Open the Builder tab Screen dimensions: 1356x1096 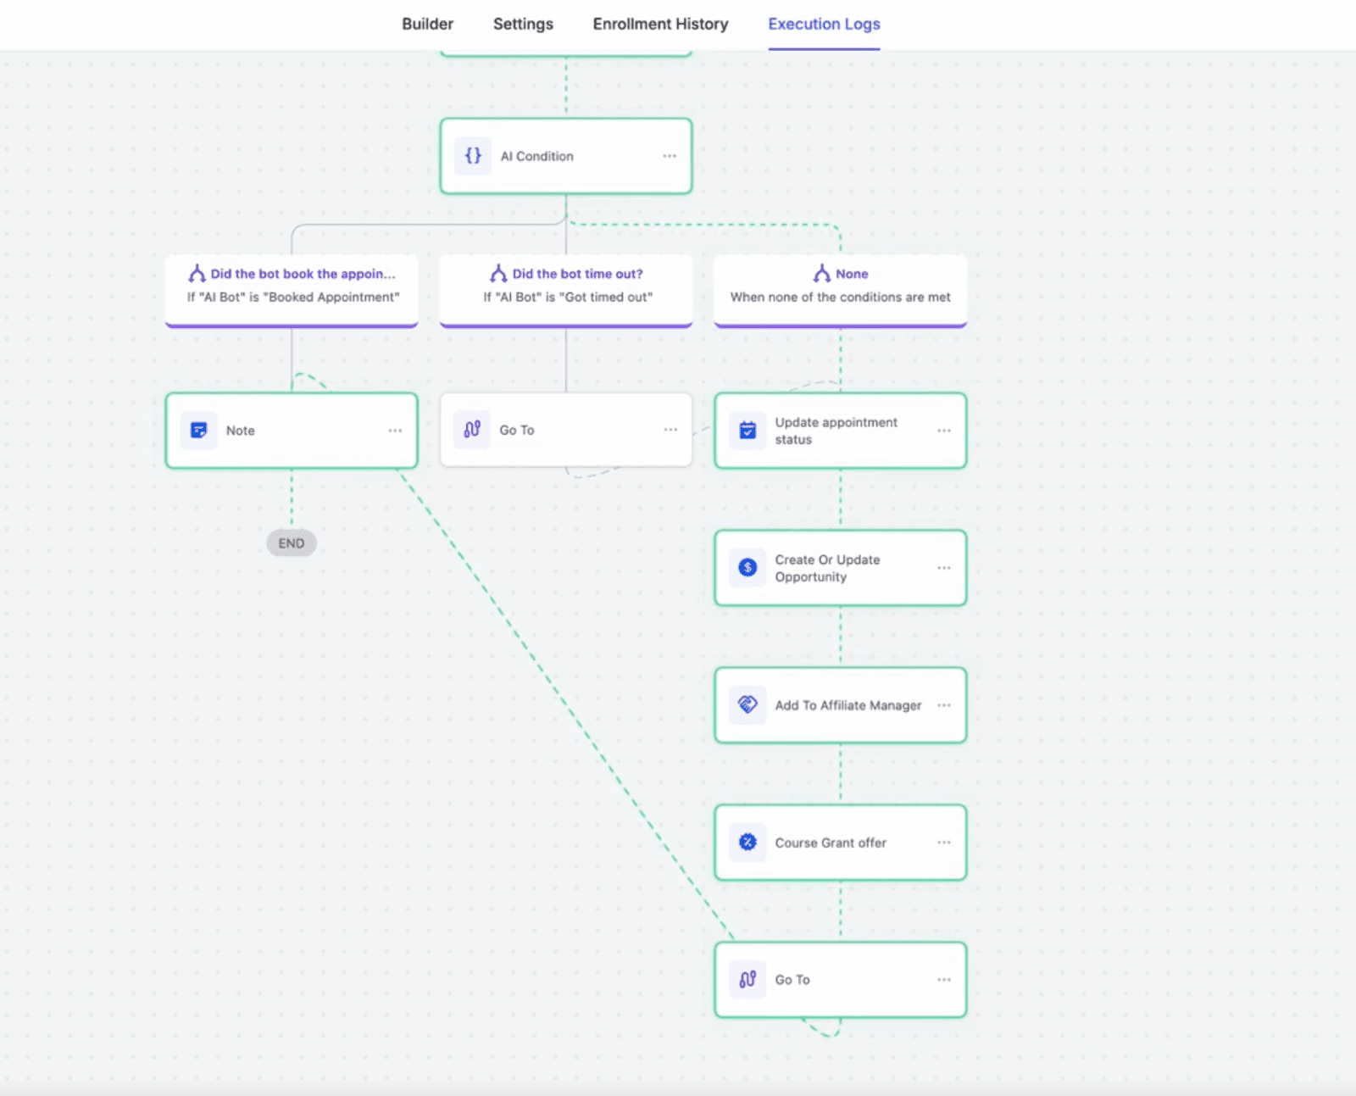click(427, 25)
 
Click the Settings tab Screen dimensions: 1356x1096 click(523, 25)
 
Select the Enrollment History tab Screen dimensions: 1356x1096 click(660, 25)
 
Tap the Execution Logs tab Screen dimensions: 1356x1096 click(824, 25)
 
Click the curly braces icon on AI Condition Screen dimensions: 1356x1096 click(473, 156)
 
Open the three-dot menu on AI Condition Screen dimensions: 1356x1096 click(669, 156)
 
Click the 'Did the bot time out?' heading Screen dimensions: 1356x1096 click(577, 274)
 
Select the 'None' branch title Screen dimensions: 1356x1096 click(852, 274)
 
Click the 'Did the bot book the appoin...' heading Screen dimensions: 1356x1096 click(303, 274)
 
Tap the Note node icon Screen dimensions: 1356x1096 click(198, 431)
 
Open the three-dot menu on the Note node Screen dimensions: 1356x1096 click(395, 431)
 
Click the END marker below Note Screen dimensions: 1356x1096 click(292, 543)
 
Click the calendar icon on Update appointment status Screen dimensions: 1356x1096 click(747, 431)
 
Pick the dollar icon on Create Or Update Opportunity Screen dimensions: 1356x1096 click(747, 567)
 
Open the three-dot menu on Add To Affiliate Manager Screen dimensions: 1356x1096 click(944, 705)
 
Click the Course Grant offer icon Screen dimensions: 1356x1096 click(747, 842)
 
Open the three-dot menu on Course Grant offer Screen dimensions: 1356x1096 click(944, 842)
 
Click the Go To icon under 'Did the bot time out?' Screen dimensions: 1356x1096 click(472, 430)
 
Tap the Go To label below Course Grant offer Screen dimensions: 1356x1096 click(792, 980)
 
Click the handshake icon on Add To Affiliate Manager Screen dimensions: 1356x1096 click(747, 704)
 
